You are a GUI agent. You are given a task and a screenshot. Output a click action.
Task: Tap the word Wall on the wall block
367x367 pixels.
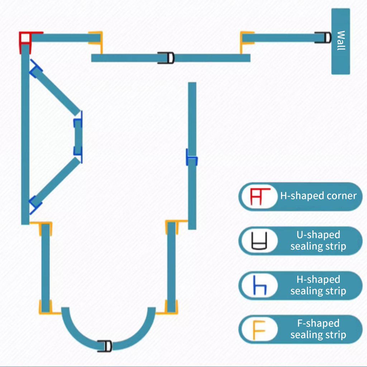tap(341, 40)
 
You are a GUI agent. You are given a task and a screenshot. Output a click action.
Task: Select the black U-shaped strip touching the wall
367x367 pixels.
tap(323, 38)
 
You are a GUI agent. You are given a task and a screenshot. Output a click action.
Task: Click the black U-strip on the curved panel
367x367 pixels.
tap(105, 346)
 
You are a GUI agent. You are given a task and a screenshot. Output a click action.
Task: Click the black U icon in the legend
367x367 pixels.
tap(259, 240)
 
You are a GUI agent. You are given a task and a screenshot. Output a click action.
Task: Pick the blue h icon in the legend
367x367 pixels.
tap(260, 285)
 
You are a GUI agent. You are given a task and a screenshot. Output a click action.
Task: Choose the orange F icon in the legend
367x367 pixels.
tap(259, 330)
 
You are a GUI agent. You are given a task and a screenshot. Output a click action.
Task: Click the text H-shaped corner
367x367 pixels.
tap(318, 196)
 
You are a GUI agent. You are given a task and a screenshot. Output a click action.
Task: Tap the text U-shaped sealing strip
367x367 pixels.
tap(318, 240)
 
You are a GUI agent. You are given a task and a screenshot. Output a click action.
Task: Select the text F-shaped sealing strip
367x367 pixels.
tap(318, 329)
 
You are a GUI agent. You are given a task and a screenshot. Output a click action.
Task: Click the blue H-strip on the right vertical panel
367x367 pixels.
tap(192, 157)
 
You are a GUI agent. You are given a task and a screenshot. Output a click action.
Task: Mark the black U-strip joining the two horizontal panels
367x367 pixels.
tap(166, 58)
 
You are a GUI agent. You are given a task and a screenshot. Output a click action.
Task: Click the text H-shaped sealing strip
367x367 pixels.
tap(318, 285)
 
